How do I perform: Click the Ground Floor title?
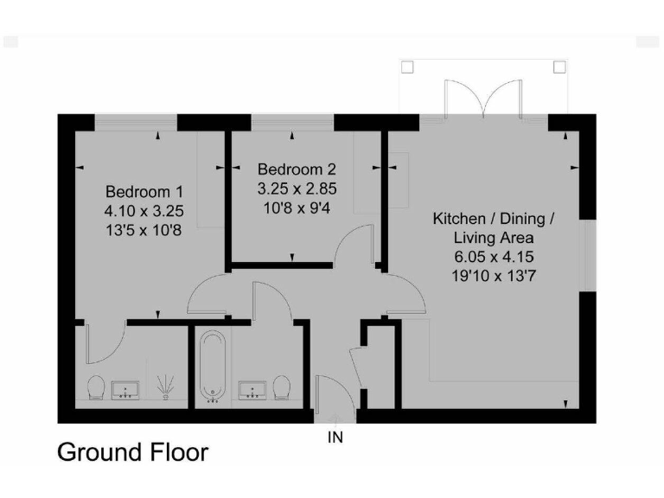[132, 451]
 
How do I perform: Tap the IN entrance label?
[335, 437]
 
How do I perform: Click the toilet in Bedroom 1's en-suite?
[96, 387]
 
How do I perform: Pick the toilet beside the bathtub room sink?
[281, 387]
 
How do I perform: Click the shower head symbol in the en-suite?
[164, 386]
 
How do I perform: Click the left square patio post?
[410, 67]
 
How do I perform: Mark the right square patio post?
[559, 67]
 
